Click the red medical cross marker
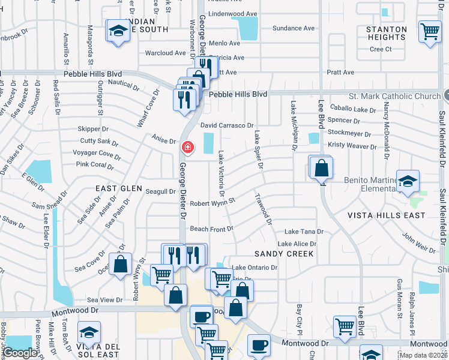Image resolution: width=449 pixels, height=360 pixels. coord(188,146)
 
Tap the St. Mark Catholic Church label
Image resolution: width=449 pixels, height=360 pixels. coord(394,96)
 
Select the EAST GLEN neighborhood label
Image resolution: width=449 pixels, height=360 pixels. coord(119,188)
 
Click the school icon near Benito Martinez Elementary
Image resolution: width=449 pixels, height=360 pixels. coord(408,182)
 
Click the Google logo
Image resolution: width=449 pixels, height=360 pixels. coord(20,353)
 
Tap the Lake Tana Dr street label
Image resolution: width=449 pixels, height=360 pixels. coord(304,232)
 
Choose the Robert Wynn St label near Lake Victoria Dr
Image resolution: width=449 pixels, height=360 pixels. coord(212,203)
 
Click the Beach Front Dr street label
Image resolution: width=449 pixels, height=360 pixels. coord(211,229)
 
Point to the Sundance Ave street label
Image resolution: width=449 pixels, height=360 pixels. coord(294,28)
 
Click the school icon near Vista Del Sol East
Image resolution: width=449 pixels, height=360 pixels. coord(89,332)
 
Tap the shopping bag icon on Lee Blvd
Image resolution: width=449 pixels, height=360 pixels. coord(322,169)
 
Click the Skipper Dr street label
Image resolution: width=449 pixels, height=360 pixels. coord(93,128)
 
